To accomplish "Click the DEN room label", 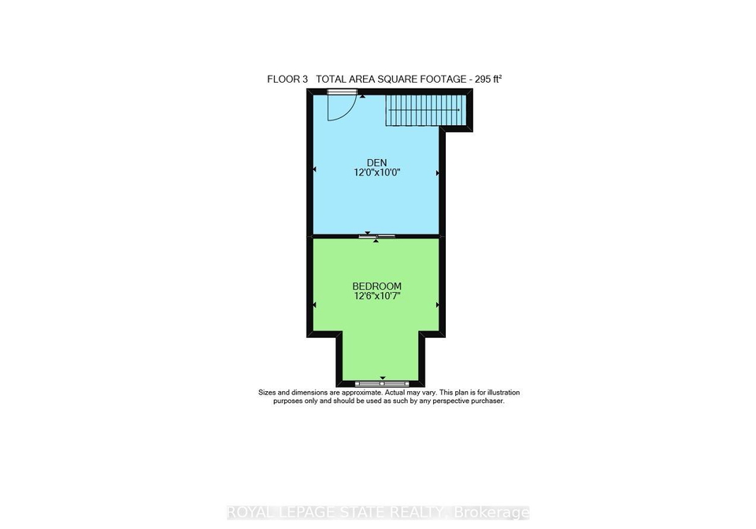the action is point(376,163).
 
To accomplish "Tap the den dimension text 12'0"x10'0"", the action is point(377,172).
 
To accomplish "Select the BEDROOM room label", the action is point(376,287).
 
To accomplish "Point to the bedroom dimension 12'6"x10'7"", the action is point(377,296).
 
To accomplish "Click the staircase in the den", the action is point(425,110).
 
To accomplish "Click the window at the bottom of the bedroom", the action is point(382,384).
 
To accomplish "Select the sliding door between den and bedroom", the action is point(377,236).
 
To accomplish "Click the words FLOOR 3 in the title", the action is point(287,80).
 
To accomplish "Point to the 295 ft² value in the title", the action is point(488,80).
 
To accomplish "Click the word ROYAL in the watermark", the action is point(246,512).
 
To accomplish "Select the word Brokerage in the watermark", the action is point(491,512).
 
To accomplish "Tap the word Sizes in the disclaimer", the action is point(267,393).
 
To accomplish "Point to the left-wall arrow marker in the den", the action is point(315,169).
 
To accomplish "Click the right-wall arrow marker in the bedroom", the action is point(437,305).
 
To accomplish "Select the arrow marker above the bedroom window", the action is point(383,378).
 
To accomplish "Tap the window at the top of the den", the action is point(339,91).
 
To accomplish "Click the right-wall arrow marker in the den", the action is point(437,173).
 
